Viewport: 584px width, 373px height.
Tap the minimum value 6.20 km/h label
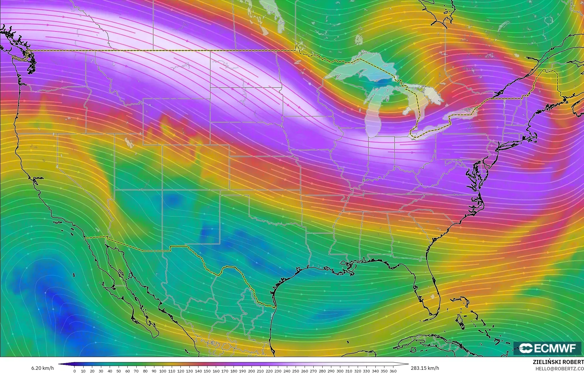point(43,368)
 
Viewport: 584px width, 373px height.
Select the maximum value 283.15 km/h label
point(425,368)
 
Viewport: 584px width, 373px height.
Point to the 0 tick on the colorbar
point(75,371)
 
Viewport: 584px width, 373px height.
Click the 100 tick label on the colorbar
point(163,371)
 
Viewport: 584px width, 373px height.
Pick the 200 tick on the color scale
point(251,371)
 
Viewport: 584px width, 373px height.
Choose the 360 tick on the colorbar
point(393,371)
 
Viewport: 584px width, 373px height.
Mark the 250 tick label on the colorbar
point(296,371)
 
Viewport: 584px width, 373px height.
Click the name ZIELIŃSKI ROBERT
point(558,362)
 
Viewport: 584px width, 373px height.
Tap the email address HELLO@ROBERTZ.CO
point(559,369)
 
